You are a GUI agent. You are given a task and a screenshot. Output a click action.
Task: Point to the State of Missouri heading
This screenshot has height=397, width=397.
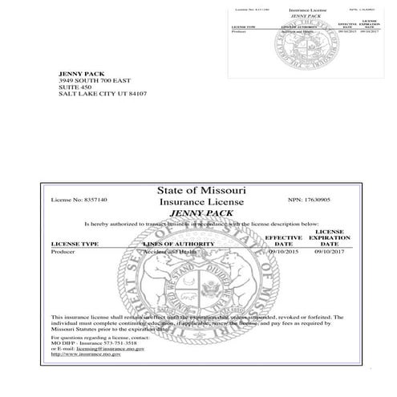point(201,191)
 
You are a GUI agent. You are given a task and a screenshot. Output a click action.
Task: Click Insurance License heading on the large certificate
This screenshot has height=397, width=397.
point(201,203)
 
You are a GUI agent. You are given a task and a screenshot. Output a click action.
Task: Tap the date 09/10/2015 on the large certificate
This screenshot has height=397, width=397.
point(283,251)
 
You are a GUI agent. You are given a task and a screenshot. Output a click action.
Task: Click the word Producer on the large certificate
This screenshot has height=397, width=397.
point(65,251)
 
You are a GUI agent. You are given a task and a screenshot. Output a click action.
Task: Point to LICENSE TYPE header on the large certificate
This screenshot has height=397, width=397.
point(75,242)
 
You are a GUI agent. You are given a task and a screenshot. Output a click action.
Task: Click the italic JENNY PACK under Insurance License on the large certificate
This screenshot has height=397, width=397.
point(201,213)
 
